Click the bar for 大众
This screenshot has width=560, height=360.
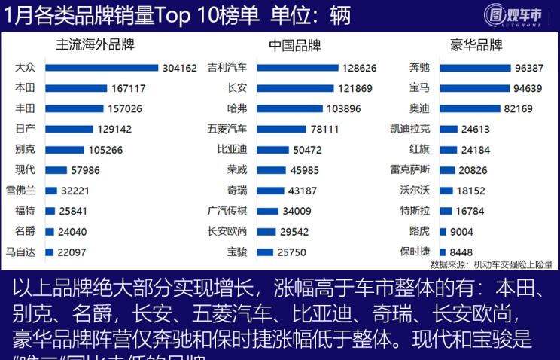point(102,68)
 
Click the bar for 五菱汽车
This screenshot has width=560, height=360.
point(282,129)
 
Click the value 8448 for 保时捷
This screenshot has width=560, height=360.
point(462,252)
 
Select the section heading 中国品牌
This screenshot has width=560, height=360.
point(294,45)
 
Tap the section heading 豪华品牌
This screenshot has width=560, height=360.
point(476,45)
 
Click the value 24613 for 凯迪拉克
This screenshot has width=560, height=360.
point(475,129)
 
